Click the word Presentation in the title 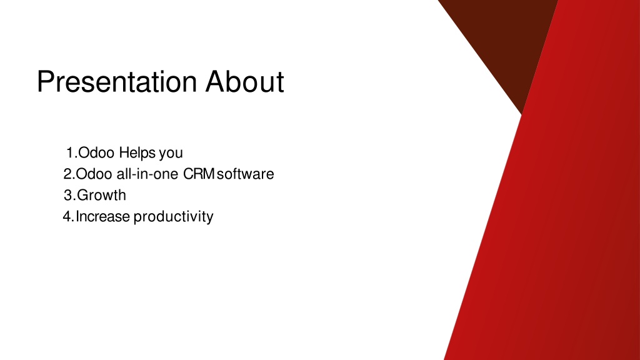tap(117, 82)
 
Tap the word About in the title tap(244, 82)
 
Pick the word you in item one tap(171, 154)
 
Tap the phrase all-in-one tap(147, 174)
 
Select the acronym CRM tap(199, 174)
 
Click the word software tap(245, 174)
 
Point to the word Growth tap(101, 195)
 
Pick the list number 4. tap(69, 216)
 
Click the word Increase tap(103, 216)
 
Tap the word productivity tap(174, 217)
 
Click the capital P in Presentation tap(46, 82)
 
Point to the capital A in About tap(216, 82)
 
